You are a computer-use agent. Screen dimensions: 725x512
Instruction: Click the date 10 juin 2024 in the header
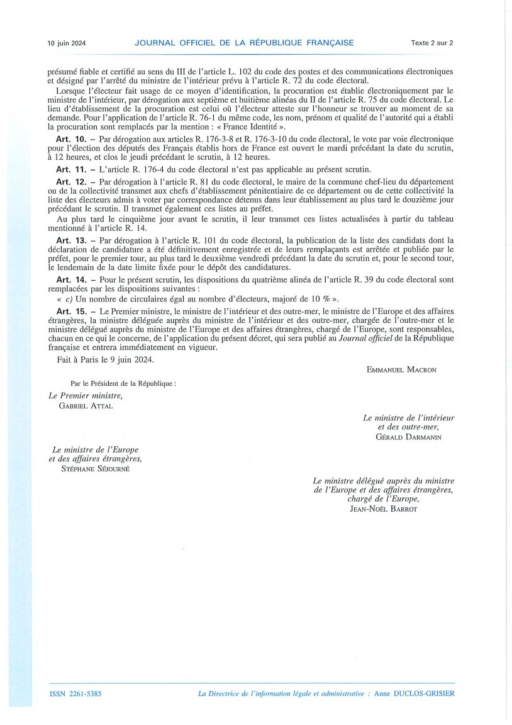67,43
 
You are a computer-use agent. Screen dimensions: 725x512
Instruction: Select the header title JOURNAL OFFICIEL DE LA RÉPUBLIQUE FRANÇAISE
244,43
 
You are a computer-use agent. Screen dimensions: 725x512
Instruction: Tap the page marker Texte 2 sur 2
432,43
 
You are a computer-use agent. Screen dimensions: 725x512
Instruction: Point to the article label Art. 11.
69,170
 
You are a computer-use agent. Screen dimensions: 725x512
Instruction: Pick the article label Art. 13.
69,240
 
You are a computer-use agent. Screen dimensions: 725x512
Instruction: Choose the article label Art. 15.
69,311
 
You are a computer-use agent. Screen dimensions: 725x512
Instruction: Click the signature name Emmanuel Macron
401,370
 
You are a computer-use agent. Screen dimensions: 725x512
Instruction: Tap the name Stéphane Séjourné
95,469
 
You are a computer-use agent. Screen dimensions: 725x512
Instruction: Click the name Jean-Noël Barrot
383,509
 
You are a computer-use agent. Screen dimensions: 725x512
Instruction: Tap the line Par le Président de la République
123,383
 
